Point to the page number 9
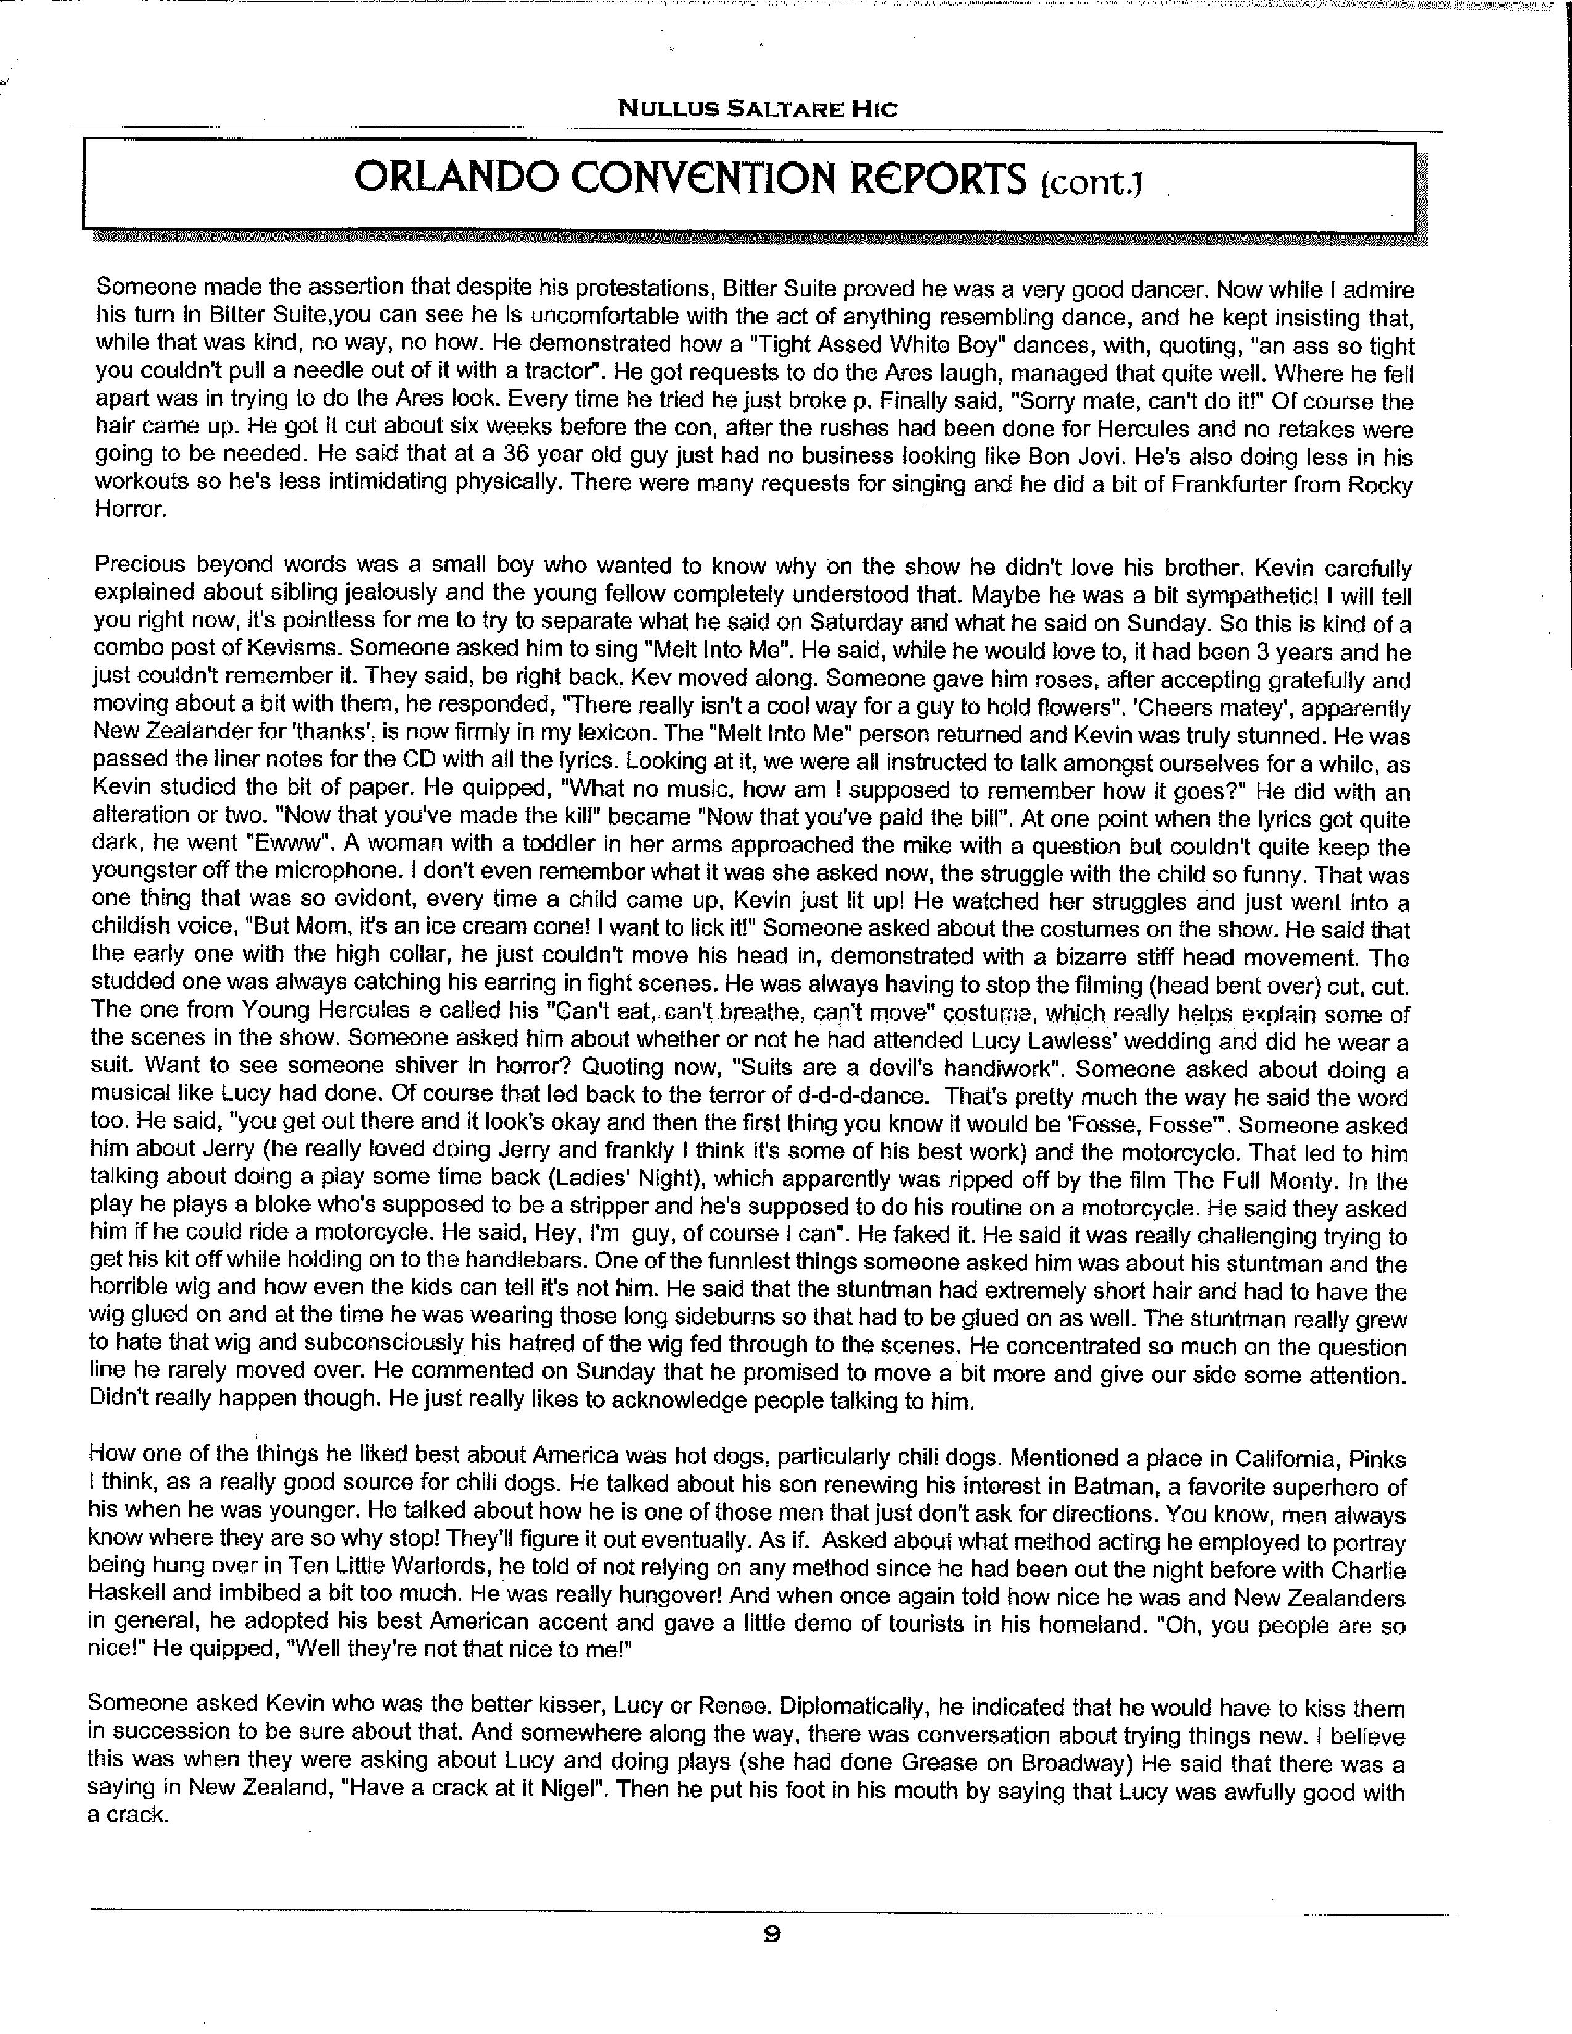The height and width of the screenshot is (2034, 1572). pyautogui.click(x=772, y=1934)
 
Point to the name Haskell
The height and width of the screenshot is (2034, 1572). pyautogui.click(x=130, y=1599)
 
